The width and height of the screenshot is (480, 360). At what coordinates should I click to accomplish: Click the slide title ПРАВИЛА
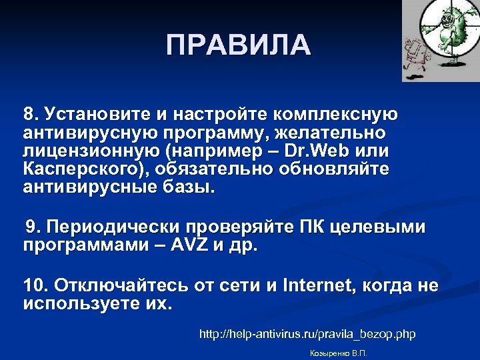click(239, 45)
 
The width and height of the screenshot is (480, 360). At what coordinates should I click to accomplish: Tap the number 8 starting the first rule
click(30, 113)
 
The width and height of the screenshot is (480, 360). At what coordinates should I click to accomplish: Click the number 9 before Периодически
click(31, 227)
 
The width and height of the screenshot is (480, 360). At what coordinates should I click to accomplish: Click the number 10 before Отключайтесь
click(35, 286)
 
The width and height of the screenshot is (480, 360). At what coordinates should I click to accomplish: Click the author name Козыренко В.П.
click(339, 353)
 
